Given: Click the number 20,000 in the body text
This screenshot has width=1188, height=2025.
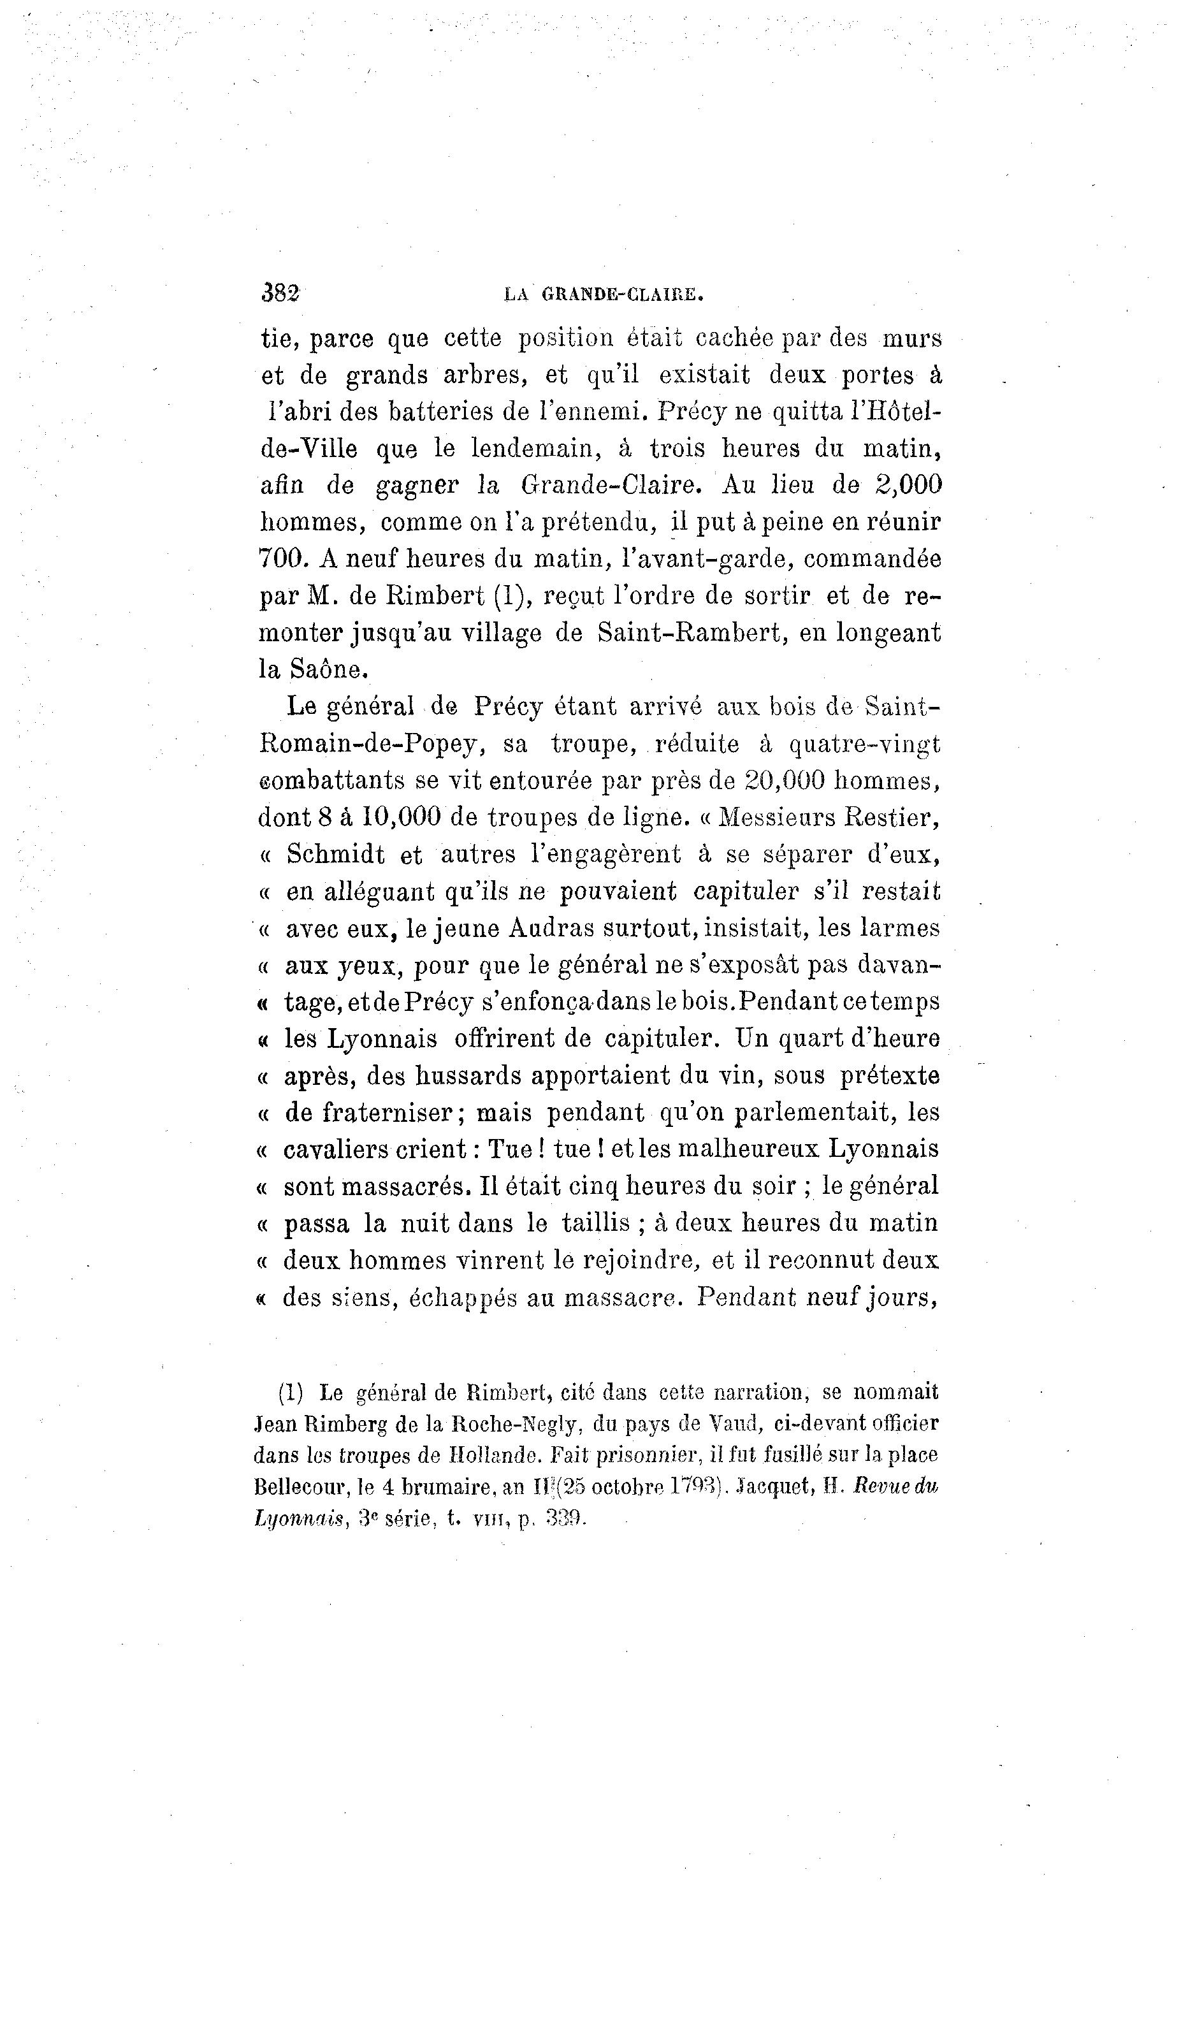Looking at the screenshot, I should (786, 780).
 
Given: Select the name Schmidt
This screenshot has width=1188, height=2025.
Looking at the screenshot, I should (335, 854).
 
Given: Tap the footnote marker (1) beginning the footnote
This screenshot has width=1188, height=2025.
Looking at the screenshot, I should (290, 1392).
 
